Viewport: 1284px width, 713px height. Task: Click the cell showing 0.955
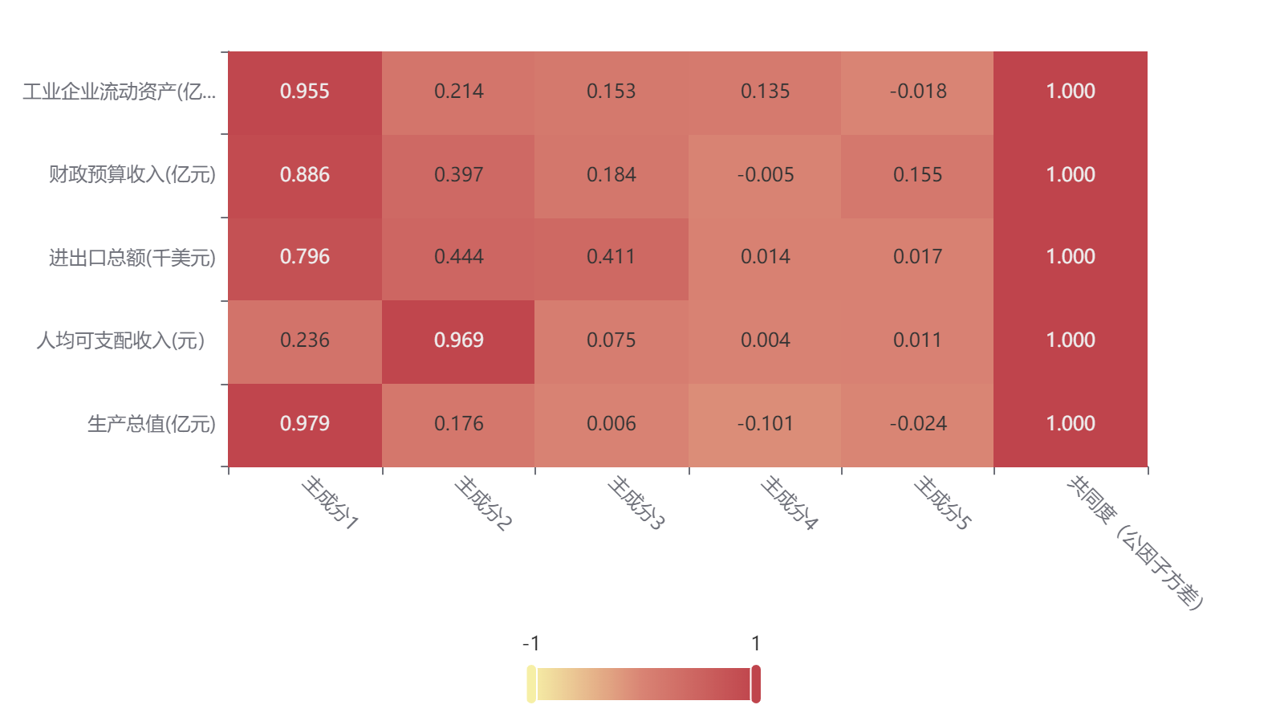click(x=305, y=92)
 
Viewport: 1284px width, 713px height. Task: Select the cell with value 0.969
click(x=458, y=340)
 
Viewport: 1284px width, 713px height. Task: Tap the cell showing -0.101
click(x=765, y=424)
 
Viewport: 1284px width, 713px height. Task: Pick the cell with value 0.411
click(x=611, y=257)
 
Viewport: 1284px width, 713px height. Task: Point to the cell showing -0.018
click(x=917, y=92)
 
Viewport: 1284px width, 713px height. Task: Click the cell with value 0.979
click(x=305, y=424)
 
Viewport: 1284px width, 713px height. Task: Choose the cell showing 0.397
click(x=458, y=175)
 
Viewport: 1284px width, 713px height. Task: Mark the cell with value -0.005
click(x=765, y=175)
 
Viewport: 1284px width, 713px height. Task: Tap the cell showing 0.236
click(x=305, y=340)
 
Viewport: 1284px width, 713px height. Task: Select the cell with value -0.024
click(x=917, y=424)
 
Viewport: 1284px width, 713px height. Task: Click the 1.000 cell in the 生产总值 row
click(x=1071, y=424)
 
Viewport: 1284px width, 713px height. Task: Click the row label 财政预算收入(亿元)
click(x=132, y=174)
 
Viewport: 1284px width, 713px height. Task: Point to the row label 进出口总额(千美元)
click(x=132, y=258)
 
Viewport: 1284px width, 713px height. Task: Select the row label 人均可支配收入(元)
click(x=120, y=340)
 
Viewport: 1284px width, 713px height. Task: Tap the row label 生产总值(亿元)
click(x=151, y=424)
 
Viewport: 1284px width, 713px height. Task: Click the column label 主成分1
click(x=330, y=503)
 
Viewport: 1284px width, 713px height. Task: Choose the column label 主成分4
click(x=789, y=503)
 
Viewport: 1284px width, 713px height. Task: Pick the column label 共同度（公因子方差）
click(x=1135, y=542)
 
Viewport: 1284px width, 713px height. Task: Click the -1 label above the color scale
click(x=531, y=644)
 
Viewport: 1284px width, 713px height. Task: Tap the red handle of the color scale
click(x=756, y=684)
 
